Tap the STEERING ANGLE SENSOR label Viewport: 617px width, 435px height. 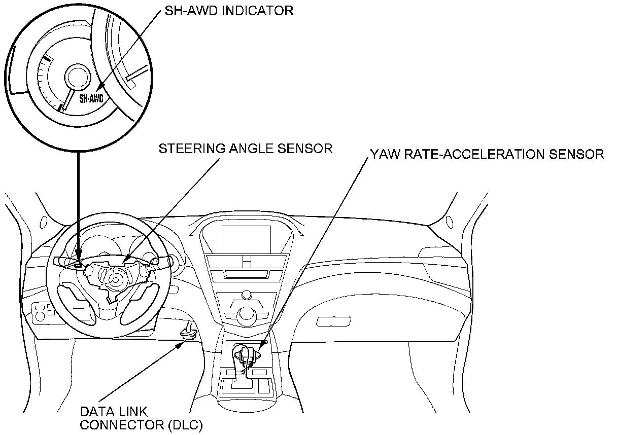click(246, 149)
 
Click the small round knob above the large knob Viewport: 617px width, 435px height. click(247, 294)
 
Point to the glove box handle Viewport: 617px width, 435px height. click(333, 321)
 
